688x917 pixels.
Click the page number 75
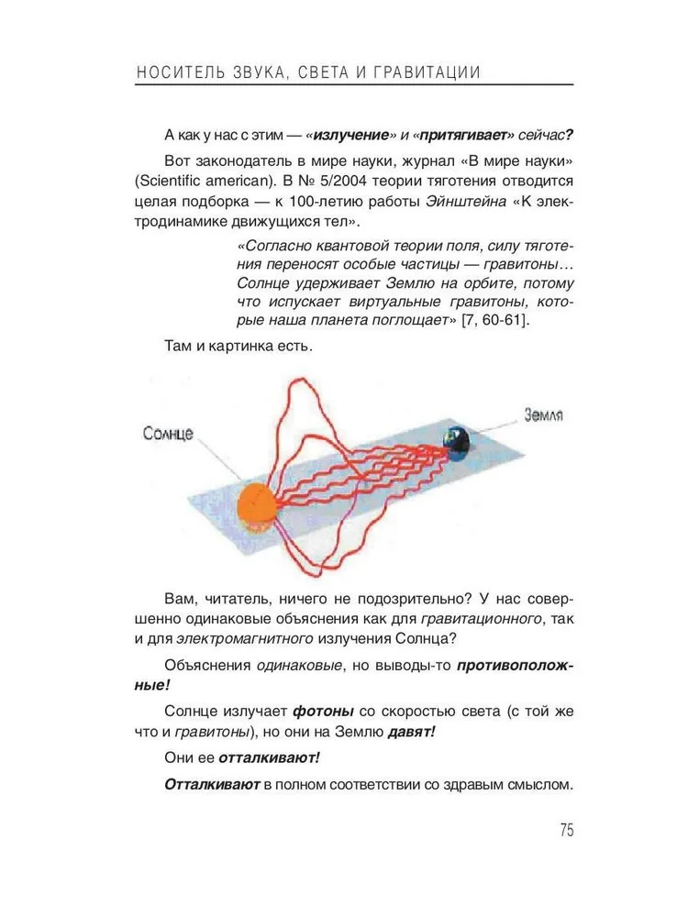(x=565, y=831)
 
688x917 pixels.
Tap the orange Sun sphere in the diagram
(x=257, y=504)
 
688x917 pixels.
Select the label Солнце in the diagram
(x=168, y=433)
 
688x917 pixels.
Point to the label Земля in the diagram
(x=543, y=414)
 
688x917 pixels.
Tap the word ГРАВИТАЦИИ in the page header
(x=428, y=72)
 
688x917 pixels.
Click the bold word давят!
(x=411, y=733)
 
